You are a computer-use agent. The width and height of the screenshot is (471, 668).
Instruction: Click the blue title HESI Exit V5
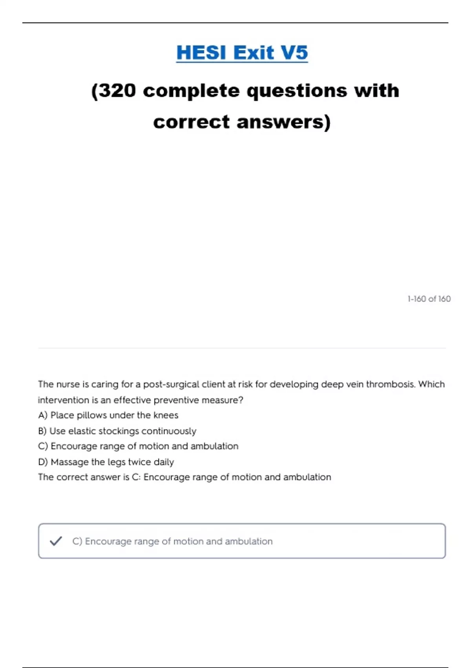242,53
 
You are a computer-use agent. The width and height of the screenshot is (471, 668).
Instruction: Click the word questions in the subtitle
296,91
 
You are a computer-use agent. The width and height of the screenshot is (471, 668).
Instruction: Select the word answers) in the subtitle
284,122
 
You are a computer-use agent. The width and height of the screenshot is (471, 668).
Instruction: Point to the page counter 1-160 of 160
429,299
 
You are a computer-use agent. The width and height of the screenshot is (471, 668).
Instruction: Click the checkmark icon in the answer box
56,541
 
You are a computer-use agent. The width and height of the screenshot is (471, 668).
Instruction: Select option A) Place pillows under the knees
108,415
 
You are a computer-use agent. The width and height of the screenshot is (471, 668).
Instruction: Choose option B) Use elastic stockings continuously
117,431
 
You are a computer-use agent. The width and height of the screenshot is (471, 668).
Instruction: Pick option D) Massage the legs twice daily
106,462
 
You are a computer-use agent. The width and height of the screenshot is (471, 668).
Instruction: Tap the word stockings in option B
119,431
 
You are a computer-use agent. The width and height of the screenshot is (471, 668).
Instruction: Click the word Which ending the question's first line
431,384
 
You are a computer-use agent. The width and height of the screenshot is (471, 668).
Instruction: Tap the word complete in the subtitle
191,91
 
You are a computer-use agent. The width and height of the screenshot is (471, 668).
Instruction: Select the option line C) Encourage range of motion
138,446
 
